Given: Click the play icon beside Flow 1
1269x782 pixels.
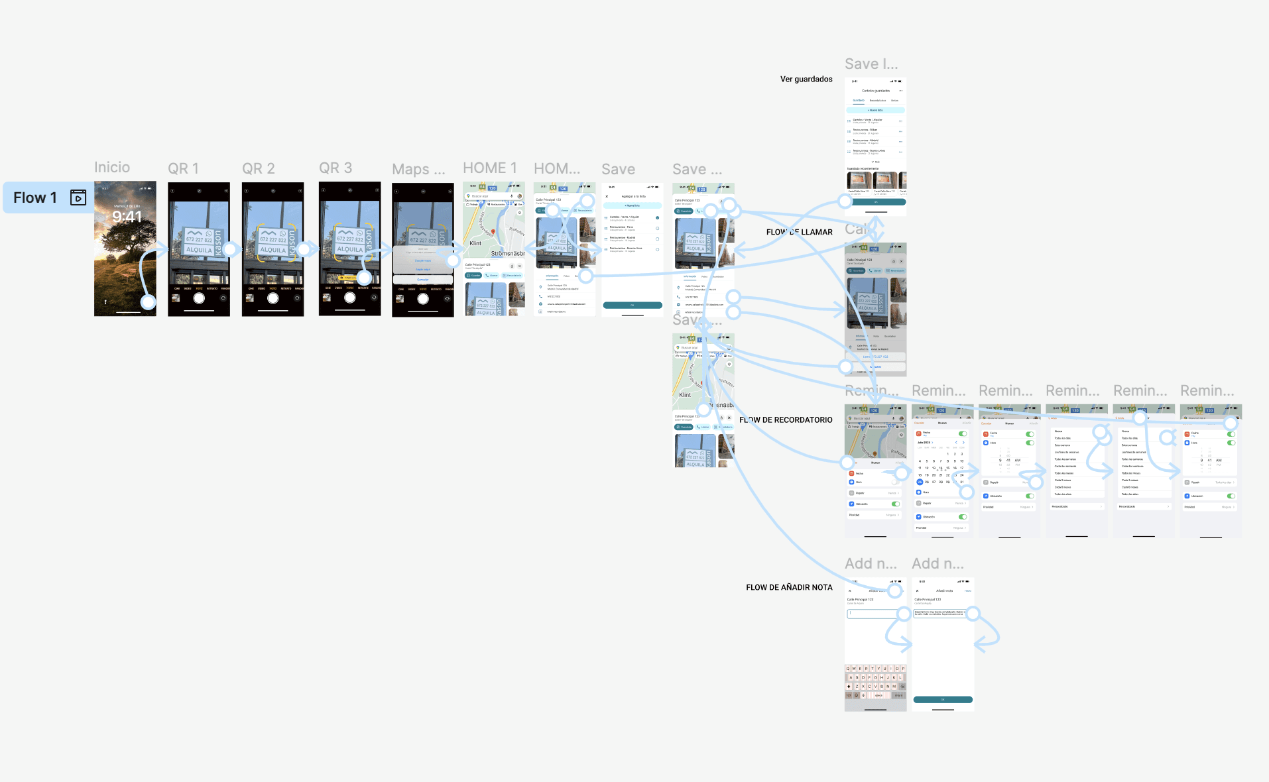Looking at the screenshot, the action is [78, 197].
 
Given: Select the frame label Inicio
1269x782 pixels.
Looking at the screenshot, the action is [112, 167].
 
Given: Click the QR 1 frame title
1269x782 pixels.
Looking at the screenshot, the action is [183, 168].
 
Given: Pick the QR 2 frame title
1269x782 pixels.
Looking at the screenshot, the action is [258, 168].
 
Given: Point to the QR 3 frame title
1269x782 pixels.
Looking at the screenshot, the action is [335, 168].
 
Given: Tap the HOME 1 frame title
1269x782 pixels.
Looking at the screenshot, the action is [489, 168].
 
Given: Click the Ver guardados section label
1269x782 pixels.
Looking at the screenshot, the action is [806, 79].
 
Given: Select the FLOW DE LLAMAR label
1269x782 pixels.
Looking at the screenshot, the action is [799, 232].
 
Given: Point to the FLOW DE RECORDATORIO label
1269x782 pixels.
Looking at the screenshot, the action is [786, 419].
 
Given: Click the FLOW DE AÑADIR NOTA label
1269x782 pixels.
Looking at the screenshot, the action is [789, 587].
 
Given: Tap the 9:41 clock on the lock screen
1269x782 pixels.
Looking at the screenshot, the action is [127, 217].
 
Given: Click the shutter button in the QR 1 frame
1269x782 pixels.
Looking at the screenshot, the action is [199, 298].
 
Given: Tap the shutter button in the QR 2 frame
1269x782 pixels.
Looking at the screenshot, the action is [272, 298].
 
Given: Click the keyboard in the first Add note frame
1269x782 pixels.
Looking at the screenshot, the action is [875, 682].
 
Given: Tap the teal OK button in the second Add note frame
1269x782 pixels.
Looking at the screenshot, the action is [942, 699].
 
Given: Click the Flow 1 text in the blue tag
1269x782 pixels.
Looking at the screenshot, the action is [35, 197].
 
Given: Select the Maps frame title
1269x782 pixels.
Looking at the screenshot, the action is [418, 169].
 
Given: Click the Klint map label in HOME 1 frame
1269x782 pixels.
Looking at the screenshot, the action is [475, 243].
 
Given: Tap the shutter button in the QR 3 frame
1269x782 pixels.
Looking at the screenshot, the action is [350, 298].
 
